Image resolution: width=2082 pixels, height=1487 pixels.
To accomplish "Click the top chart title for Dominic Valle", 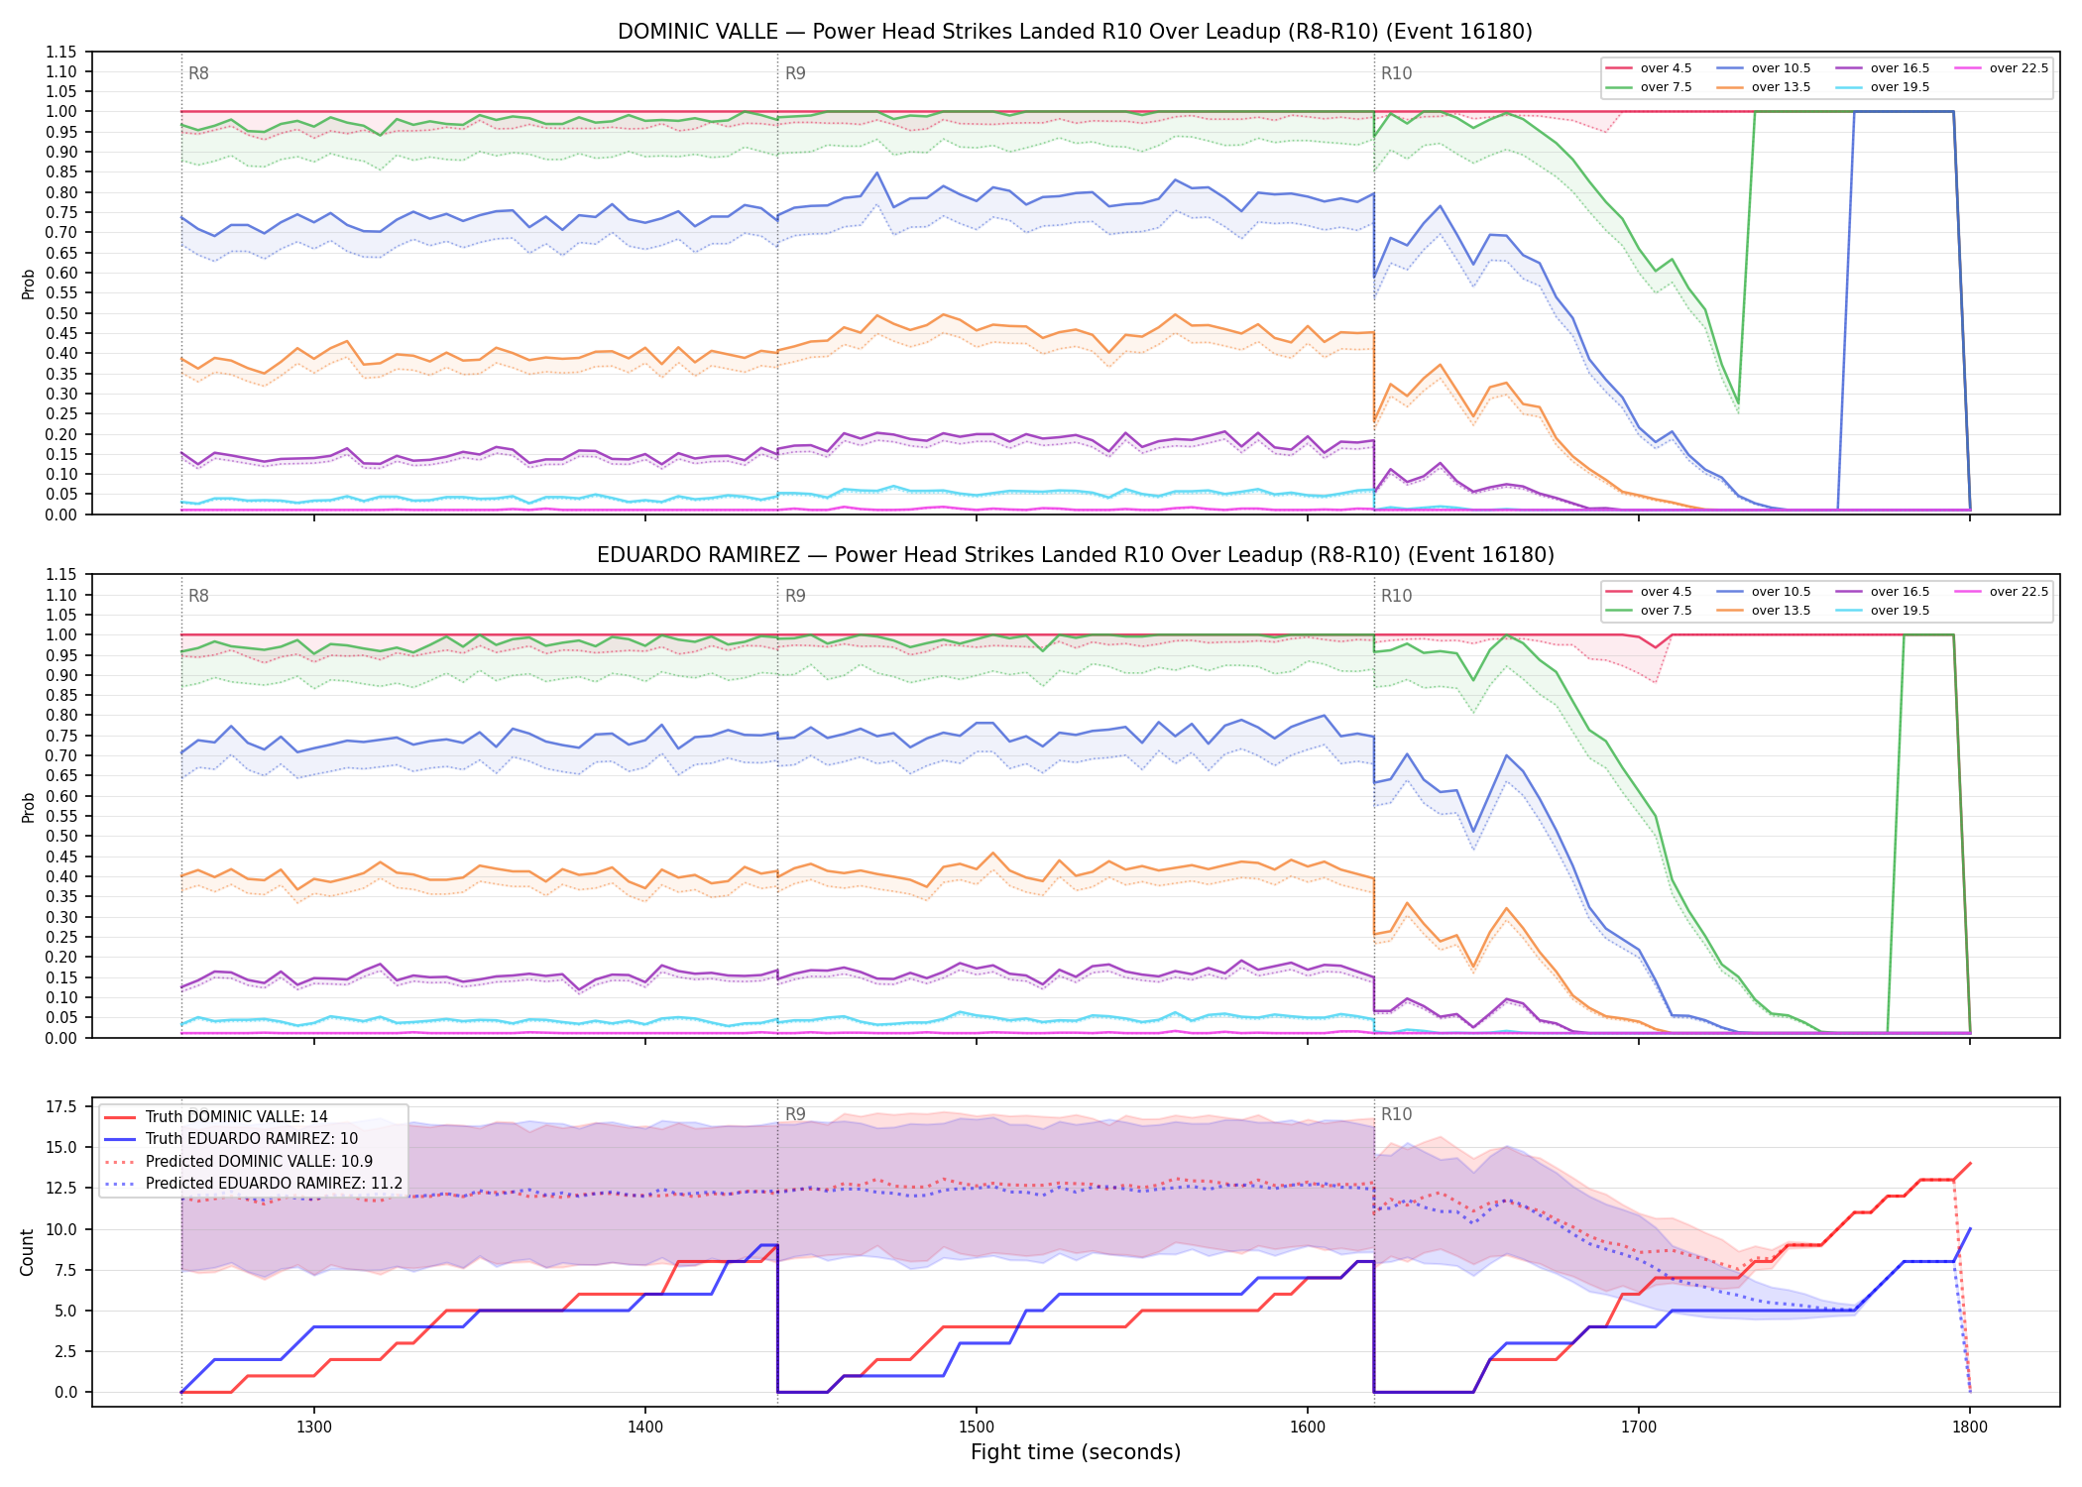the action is point(1075,32).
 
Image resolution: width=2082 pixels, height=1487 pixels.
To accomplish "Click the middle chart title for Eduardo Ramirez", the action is point(1075,555).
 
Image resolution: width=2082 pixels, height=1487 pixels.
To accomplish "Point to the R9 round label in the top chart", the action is point(795,73).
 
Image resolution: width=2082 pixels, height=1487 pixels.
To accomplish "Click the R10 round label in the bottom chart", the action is point(1396,1114).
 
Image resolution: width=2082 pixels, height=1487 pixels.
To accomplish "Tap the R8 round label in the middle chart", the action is point(198,596).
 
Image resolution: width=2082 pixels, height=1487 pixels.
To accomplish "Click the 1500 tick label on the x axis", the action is point(977,1428).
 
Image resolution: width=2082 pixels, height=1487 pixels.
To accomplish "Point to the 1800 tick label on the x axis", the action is point(1970,1428).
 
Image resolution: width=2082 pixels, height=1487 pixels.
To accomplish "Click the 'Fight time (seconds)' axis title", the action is point(1075,1452).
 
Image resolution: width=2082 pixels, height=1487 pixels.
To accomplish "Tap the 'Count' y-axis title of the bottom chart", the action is point(27,1252).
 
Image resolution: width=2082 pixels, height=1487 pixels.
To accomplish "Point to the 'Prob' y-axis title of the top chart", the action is point(28,284).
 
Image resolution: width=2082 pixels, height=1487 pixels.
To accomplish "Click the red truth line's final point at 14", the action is point(1970,1163).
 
